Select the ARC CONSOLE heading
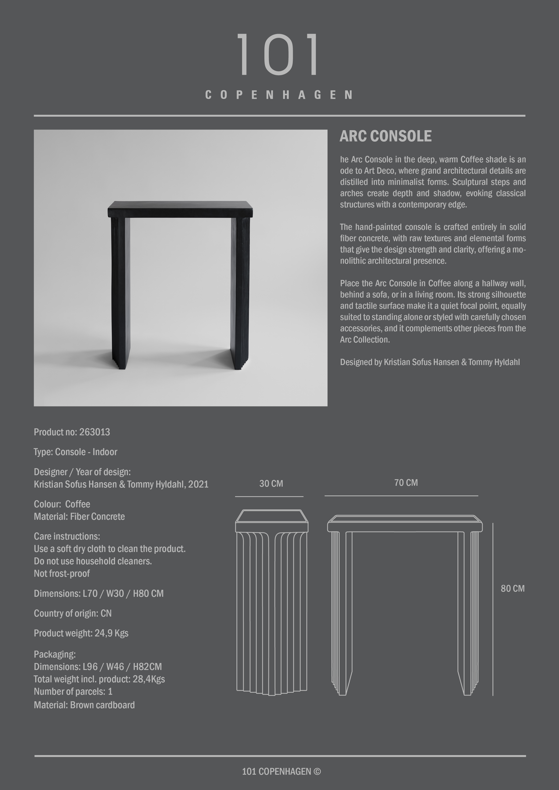[385, 136]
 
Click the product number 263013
[94, 432]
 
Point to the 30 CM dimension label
[271, 484]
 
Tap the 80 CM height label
[513, 588]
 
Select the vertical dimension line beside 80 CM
[493, 609]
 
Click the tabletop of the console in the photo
[180, 209]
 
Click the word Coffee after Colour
[78, 504]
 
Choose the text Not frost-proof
[62, 574]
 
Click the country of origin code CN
[106, 613]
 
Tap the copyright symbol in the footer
[317, 772]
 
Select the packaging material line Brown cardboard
[102, 705]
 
